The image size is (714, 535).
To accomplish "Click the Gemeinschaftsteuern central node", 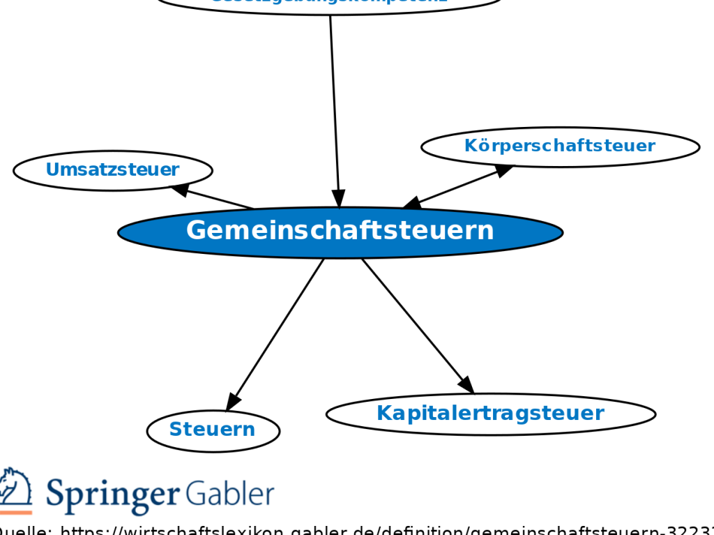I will point(340,232).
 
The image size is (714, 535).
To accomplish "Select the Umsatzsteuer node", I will point(112,170).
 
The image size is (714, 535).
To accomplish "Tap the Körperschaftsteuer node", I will point(560,146).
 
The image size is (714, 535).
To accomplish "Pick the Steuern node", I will point(213,430).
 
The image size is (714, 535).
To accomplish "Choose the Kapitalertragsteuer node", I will point(490,414).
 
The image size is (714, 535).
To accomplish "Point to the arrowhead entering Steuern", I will point(233,402).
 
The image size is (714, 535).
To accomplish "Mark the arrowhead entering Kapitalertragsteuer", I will point(466,384).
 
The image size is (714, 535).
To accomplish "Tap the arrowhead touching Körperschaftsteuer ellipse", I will point(504,169).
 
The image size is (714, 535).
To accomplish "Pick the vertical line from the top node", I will point(334,98).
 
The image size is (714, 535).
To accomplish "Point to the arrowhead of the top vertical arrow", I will point(338,199).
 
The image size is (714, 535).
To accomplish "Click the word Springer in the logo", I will point(112,495).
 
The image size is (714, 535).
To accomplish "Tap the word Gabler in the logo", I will point(230,494).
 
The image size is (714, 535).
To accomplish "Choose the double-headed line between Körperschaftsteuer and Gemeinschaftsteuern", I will point(457,187).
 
